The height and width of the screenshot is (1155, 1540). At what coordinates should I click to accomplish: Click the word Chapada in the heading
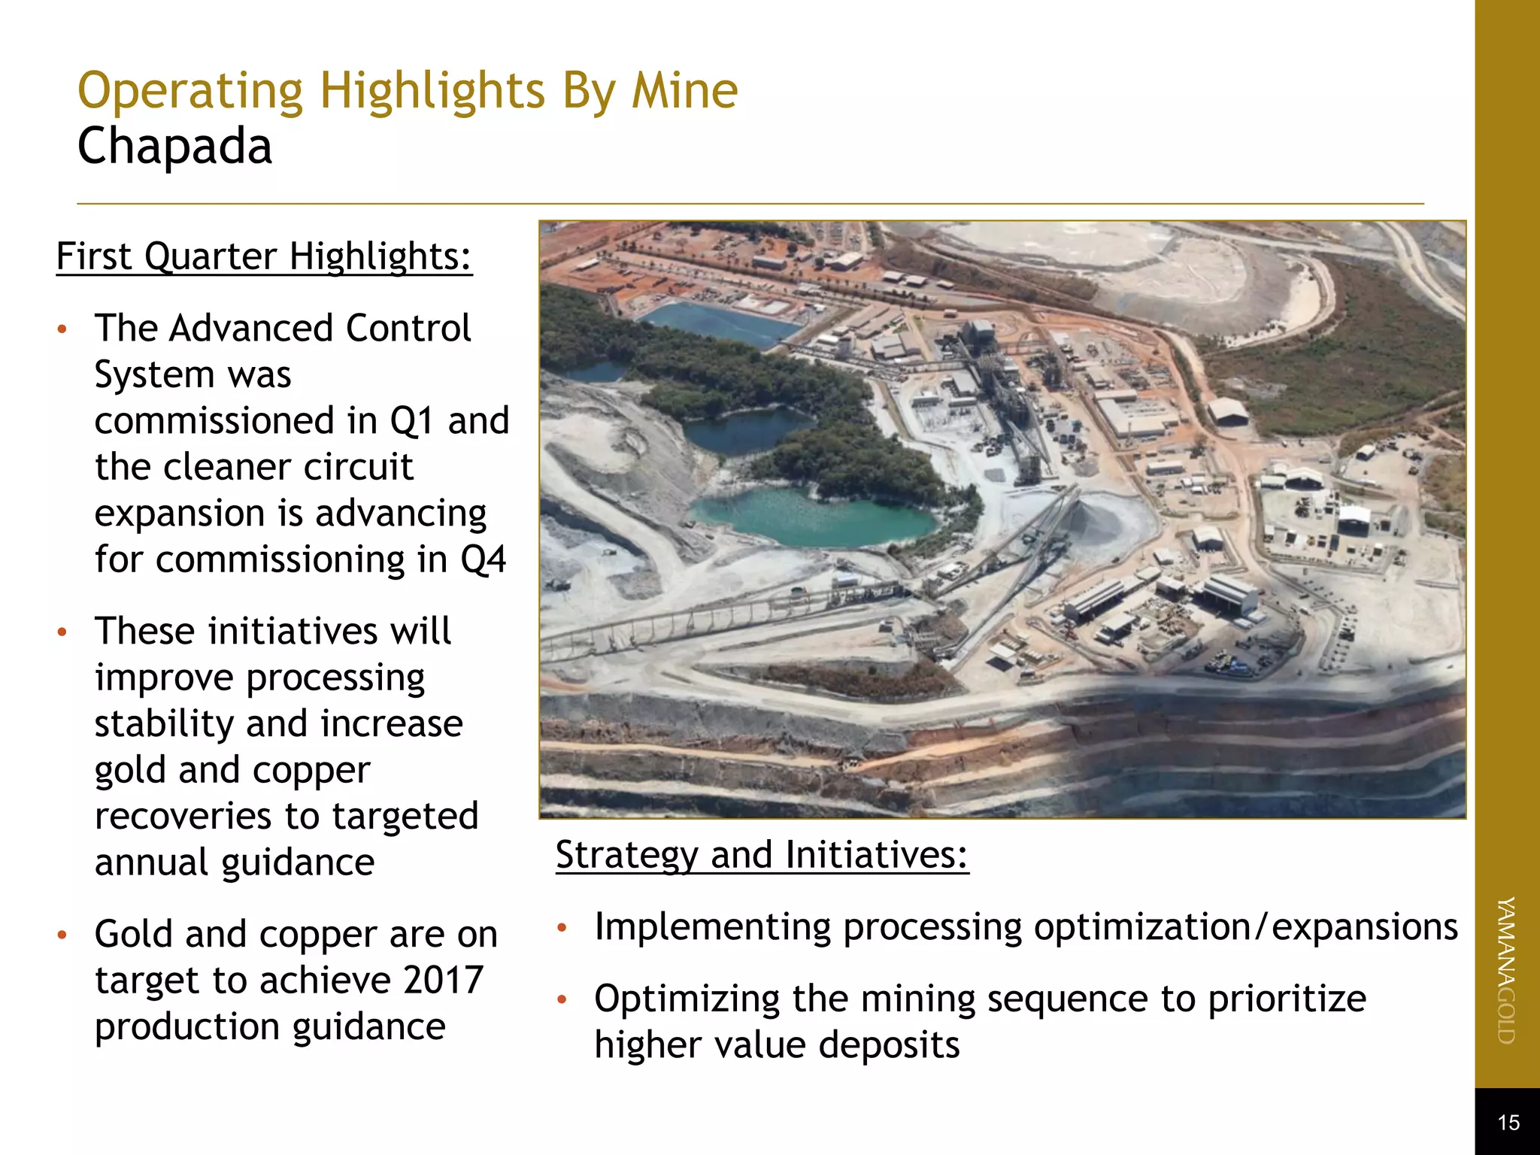[174, 146]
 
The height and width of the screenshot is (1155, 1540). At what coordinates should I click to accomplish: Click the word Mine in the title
[684, 91]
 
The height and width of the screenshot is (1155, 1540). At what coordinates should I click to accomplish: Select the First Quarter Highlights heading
[264, 256]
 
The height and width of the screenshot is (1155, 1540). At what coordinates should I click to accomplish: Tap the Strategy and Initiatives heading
[762, 855]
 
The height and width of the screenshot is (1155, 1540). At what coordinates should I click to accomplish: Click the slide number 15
[1508, 1123]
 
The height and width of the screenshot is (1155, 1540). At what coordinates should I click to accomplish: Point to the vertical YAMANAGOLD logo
[1506, 970]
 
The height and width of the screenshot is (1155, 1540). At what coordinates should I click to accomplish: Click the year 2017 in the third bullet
[443, 980]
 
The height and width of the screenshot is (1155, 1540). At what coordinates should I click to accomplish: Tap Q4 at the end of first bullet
[483, 559]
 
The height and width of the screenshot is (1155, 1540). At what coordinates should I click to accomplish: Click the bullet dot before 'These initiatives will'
[62, 632]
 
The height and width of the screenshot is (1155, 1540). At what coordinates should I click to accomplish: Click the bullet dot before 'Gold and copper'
[62, 935]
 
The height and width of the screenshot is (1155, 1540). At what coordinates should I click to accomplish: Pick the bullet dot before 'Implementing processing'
[561, 928]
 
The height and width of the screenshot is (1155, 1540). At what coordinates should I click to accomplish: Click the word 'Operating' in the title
[190, 91]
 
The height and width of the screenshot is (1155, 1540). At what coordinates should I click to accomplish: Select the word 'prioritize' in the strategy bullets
[1287, 999]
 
